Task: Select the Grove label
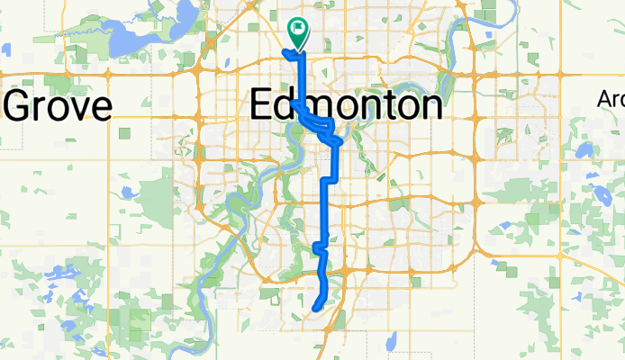[x=58, y=106]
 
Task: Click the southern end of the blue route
[x=314, y=309]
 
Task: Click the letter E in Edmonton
[x=260, y=105]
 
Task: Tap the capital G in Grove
[x=20, y=106]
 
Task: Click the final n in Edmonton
[x=430, y=105]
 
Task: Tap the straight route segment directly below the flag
[x=300, y=76]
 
